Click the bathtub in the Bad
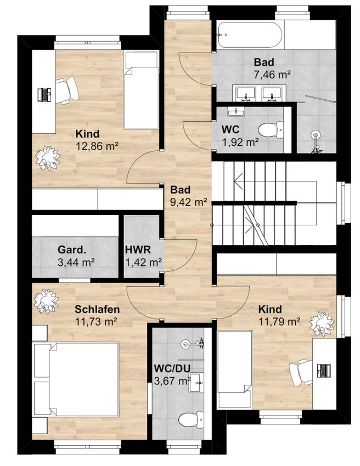tap(249, 35)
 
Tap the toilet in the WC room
tap(271, 129)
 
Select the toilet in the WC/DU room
tap(191, 419)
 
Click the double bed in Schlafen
tap(76, 379)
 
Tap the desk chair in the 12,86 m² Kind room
tap(67, 90)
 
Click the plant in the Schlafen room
tap(46, 301)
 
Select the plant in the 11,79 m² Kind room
tap(322, 324)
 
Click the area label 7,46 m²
tap(272, 75)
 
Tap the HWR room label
tap(138, 249)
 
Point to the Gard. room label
tap(72, 249)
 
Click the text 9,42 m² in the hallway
tap(189, 202)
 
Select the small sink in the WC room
tap(236, 112)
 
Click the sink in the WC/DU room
tap(196, 383)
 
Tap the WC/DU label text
tap(172, 368)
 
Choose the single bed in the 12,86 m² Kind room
tap(141, 90)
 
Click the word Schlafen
tap(97, 309)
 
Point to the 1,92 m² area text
tap(240, 143)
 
